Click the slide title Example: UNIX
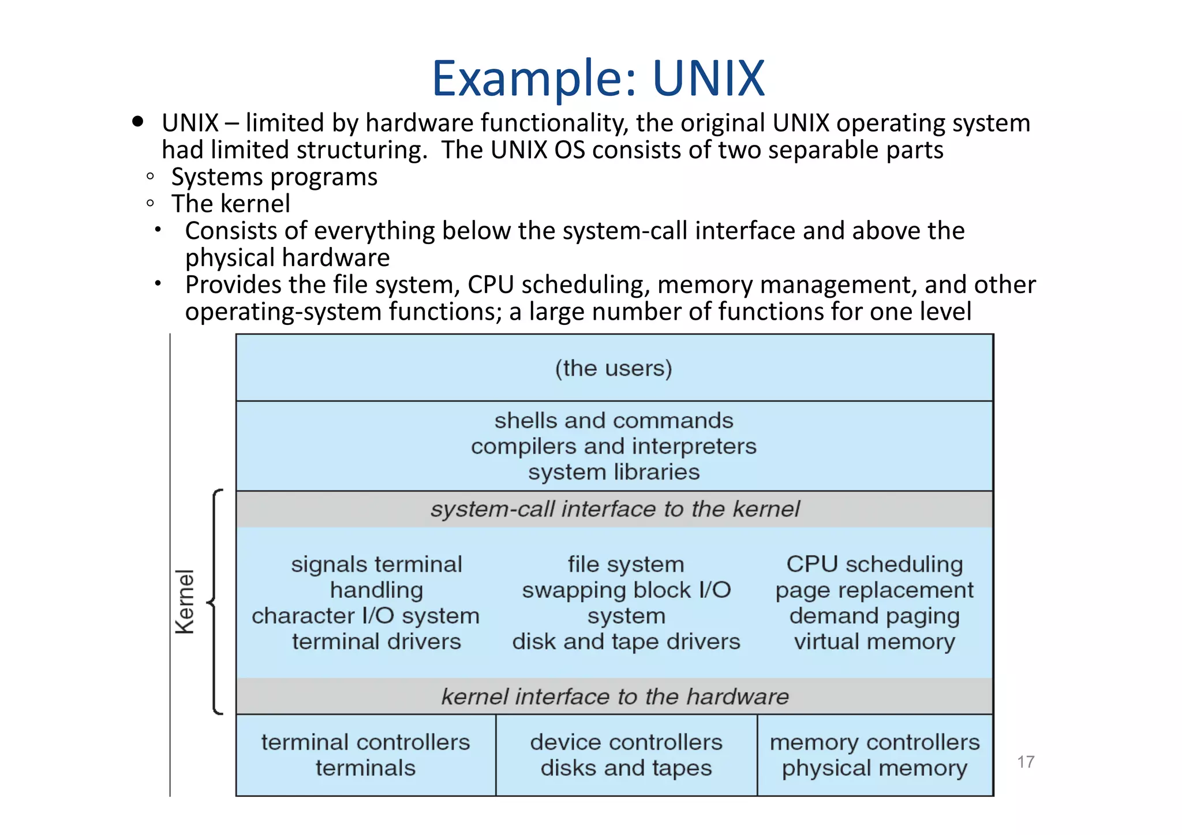pos(598,78)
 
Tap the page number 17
pos(1025,762)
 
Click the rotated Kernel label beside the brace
pos(185,602)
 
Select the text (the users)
pos(614,368)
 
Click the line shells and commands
pos(614,421)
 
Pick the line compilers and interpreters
pos(614,447)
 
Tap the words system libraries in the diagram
pos(614,472)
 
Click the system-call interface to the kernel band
pos(615,509)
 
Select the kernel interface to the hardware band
pos(615,697)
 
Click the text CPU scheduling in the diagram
pos(874,564)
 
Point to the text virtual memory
pos(874,642)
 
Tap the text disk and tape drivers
pos(626,642)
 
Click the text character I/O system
pos(365,616)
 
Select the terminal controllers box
pos(365,755)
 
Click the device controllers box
pos(626,755)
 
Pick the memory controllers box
pos(874,755)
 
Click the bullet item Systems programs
pos(274,177)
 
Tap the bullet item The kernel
pos(231,204)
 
